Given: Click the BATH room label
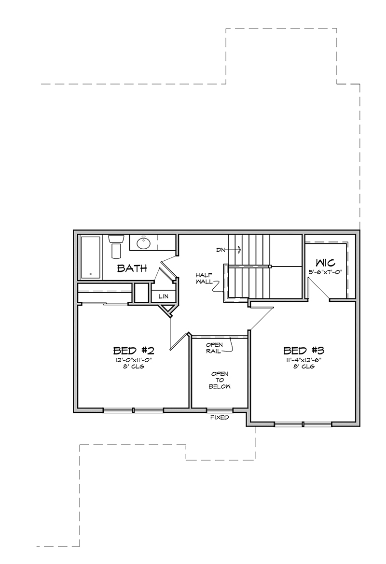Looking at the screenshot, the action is tap(132, 268).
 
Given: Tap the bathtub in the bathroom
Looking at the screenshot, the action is tap(91, 257).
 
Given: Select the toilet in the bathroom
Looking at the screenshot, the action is tap(116, 247).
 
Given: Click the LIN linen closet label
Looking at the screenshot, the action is tap(164, 296).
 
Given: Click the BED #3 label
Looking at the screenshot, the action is tap(304, 351).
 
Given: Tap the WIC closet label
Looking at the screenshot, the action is tap(326, 262).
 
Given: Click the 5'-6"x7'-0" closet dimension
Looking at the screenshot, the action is tap(325, 272).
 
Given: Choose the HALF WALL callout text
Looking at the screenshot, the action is tap(204, 279).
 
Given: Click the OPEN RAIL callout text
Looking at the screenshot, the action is tap(214, 348).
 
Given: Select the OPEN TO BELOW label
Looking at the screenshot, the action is tap(220, 380).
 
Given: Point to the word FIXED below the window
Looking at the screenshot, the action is tap(220, 418).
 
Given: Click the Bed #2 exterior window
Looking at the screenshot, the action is tap(133, 410).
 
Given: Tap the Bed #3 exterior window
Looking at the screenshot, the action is tap(303, 424).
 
